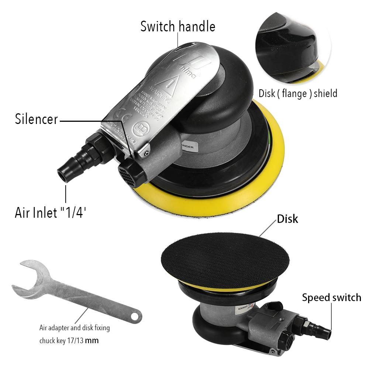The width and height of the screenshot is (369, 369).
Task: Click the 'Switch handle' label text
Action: pos(177,27)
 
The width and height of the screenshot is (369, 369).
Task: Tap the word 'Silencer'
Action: pos(36,119)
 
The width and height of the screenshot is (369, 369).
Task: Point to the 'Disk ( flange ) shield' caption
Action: pos(298,93)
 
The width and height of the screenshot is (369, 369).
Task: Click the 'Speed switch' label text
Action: pos(331,297)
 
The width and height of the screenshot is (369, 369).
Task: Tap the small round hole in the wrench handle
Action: pos(135,316)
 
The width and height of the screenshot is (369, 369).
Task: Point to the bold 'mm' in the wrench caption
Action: pos(92,340)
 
